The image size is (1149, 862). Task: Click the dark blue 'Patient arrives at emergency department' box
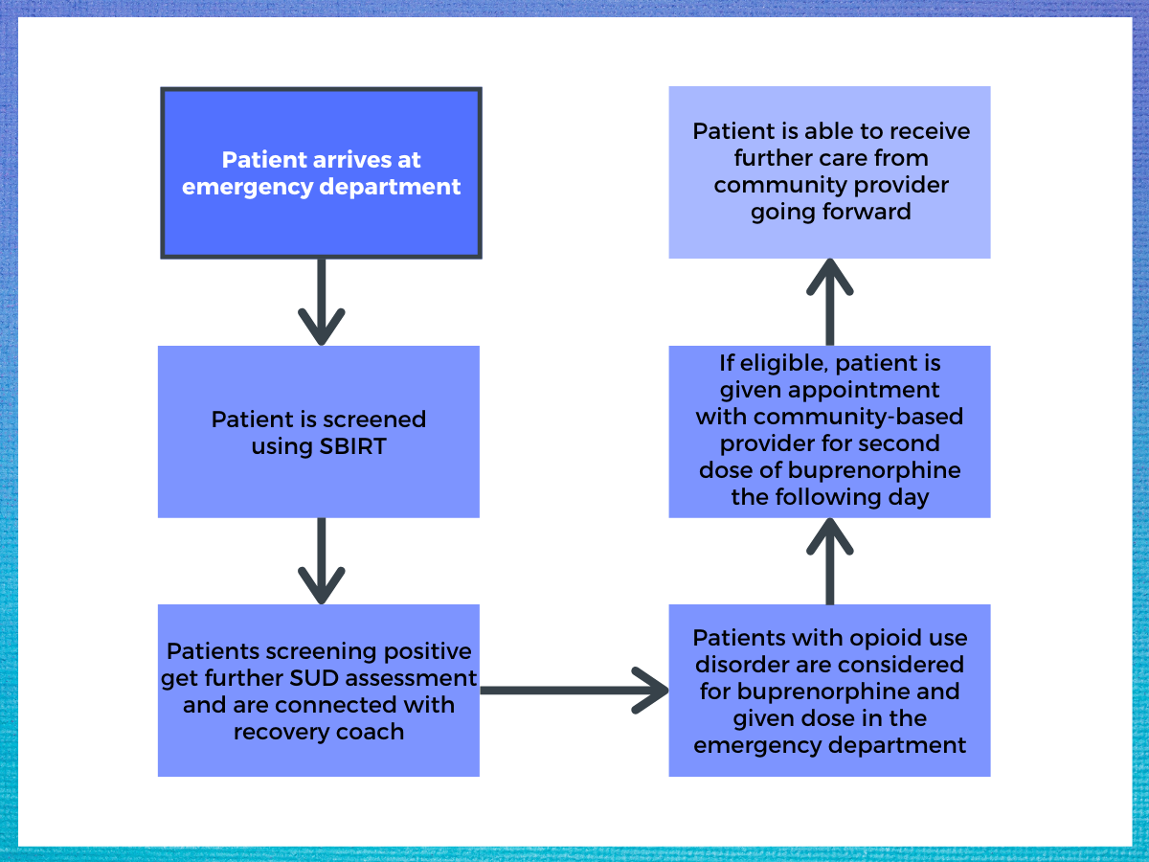point(321,172)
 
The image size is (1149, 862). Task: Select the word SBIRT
point(352,446)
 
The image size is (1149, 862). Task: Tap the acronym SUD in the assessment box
point(313,678)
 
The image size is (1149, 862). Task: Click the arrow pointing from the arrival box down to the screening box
point(321,302)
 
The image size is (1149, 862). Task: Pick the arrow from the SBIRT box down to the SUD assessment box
point(321,561)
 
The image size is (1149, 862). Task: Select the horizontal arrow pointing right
point(574,691)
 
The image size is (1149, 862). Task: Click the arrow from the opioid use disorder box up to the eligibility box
point(830,561)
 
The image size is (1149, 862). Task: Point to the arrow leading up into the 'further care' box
point(830,302)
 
